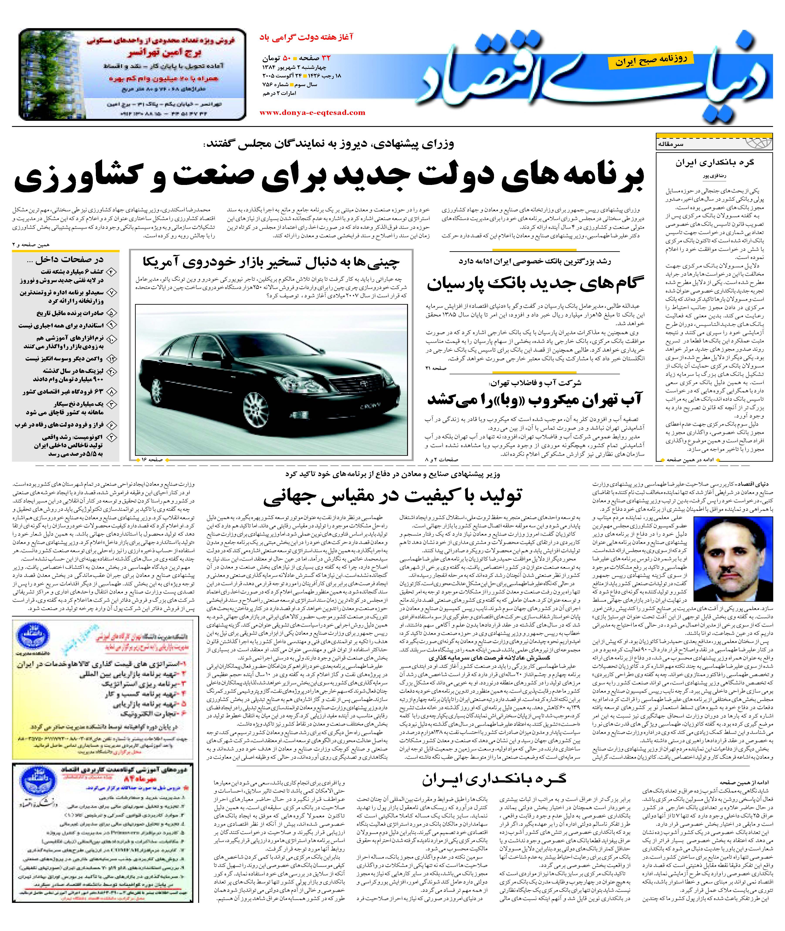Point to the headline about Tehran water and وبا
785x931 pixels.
534,399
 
